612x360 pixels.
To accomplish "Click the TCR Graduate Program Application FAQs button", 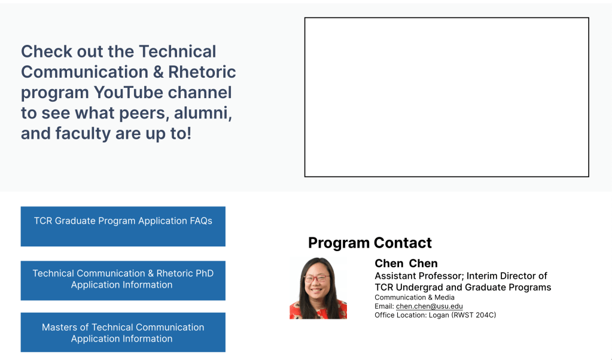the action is (x=123, y=226).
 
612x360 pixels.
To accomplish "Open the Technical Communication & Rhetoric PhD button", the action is (x=123, y=280).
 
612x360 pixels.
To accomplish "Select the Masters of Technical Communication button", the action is (x=123, y=332).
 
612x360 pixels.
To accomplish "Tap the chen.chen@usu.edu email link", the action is (x=430, y=307).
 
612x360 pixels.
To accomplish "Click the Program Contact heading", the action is (x=370, y=243).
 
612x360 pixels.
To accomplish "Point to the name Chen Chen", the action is (x=406, y=263).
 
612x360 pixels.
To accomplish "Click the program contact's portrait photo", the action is (x=318, y=288).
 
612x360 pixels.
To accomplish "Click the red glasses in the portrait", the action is (x=317, y=278).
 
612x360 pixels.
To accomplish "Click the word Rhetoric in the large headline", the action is (x=202, y=72).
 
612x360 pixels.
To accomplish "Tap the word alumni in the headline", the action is (x=203, y=113).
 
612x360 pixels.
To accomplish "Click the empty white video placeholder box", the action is (x=446, y=97).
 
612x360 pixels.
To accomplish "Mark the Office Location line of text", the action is (x=435, y=315).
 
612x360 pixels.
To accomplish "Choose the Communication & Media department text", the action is (x=415, y=297).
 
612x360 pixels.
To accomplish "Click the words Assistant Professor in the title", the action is (x=419, y=276).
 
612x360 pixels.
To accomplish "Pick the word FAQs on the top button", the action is (x=201, y=221).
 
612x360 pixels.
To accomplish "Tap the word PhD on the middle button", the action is (x=205, y=273).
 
